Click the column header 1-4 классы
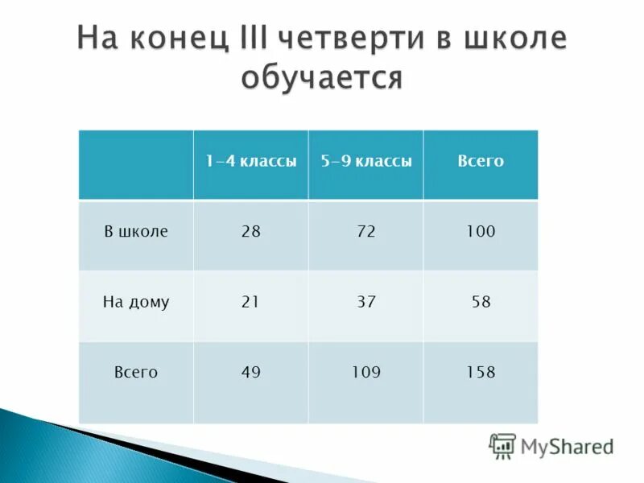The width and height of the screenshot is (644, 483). pos(250,161)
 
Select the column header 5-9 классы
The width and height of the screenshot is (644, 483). pos(365,161)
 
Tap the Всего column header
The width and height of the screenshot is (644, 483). pos(481,161)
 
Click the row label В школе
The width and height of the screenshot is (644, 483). pos(135,232)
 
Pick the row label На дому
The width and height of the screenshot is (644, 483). pos(135,303)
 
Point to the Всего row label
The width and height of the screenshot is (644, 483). pos(135,373)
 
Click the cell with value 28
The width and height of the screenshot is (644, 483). pos(250,232)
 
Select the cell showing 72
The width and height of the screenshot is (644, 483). pos(365,232)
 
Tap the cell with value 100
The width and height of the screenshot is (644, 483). pos(481,232)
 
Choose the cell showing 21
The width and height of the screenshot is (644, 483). pos(250,303)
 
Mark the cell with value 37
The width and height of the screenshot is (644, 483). pos(365,303)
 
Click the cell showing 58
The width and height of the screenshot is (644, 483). pos(481,303)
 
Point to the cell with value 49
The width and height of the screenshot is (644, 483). pos(250,373)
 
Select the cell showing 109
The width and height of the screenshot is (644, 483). pos(365,373)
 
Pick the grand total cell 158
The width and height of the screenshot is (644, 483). pos(481,373)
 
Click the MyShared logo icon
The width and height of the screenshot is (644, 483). pos(502,445)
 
